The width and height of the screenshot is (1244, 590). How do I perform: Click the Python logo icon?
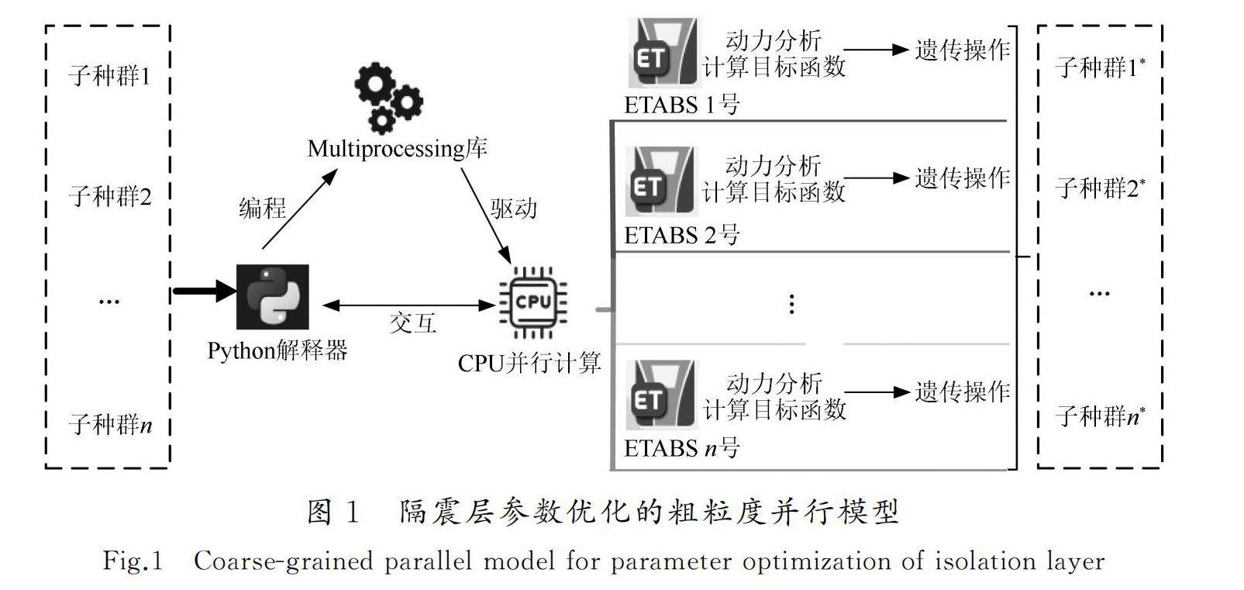pos(272,297)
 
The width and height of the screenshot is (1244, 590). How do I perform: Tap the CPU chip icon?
pos(533,302)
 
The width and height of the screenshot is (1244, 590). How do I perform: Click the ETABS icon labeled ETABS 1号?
pos(663,53)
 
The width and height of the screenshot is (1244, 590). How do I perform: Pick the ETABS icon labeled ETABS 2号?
pos(661,181)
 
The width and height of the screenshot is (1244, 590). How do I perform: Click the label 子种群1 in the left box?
pos(109,76)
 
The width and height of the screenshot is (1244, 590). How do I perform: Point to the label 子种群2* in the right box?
pos(1100,188)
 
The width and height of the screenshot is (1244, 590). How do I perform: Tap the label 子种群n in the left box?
pos(110,424)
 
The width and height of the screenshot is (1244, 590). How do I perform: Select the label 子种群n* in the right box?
pos(1100,416)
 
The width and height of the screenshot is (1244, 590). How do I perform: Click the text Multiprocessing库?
pos(397,148)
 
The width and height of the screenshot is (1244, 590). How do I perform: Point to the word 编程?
pos(262,208)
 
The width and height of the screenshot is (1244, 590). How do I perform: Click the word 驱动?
pos(513,209)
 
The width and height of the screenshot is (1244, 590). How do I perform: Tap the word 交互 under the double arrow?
pos(412,323)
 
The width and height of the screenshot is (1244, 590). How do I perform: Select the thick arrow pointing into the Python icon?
pos(204,292)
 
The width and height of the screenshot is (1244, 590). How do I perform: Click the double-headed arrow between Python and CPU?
pos(408,305)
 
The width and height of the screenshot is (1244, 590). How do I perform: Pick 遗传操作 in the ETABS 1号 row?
pos(962,50)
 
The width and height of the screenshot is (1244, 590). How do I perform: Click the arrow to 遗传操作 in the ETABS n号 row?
pos(876,392)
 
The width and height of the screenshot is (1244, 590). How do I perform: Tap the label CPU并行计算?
pos(529,363)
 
